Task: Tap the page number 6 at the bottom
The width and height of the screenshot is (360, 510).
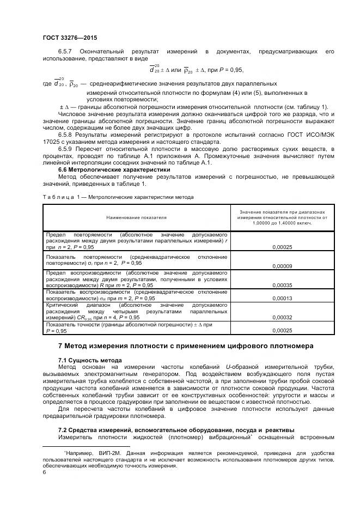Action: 44,473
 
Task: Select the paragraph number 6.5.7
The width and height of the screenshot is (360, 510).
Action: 66,51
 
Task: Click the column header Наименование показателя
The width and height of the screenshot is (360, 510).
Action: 136,217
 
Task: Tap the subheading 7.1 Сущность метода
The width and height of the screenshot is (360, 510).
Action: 90,360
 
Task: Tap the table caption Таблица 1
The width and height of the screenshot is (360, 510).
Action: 59,196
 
